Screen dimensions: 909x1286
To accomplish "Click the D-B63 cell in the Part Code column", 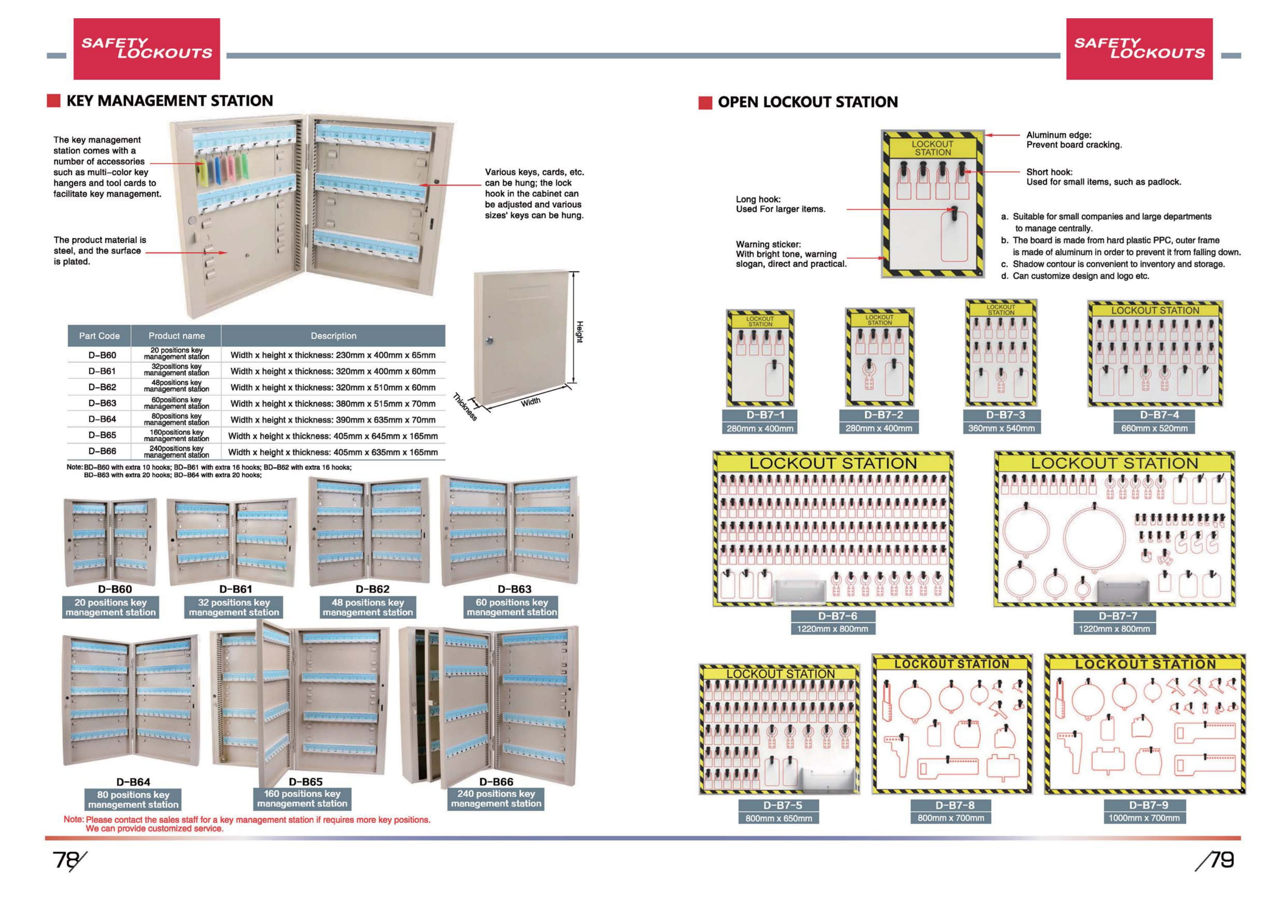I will point(102,403).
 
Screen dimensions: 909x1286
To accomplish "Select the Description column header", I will point(333,336).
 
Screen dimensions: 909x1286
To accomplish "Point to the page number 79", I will point(1221,860).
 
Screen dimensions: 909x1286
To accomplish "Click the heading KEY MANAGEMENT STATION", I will point(169,101).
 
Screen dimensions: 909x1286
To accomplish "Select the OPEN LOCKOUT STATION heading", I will point(807,102).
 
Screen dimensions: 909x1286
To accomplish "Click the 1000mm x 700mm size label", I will point(1144,818).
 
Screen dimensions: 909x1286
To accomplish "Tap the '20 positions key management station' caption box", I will point(110,607).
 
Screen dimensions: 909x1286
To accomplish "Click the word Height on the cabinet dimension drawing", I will point(580,331).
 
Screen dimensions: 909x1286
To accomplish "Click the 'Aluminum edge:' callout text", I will point(1059,135).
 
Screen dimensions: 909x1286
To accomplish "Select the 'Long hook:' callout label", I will point(758,199).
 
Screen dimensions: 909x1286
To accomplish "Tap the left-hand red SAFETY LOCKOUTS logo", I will point(147,49).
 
